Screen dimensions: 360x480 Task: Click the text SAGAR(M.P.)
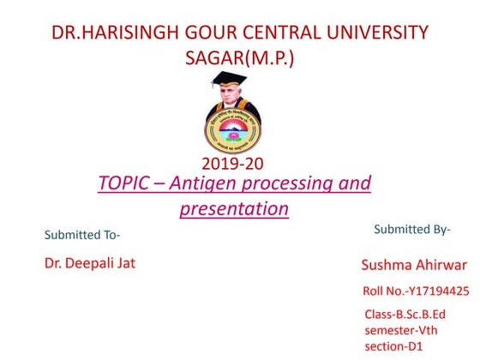(239, 59)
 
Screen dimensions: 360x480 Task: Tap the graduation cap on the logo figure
(230, 80)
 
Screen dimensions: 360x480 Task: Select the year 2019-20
(233, 164)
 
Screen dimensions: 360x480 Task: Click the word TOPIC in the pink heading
(125, 183)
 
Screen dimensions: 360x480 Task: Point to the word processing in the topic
(287, 184)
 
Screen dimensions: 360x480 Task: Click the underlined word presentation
(234, 208)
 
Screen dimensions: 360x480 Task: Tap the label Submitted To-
(82, 235)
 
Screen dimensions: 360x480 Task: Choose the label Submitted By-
(412, 229)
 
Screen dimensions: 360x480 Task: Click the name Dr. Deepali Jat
(89, 263)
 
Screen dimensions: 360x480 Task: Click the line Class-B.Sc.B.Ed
(405, 314)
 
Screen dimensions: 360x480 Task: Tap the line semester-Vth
(401, 329)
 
